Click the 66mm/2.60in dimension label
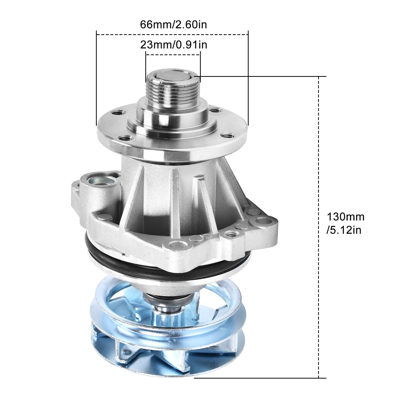point(174,25)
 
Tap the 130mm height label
point(346,217)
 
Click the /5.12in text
point(344,230)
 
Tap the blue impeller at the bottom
point(166,335)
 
